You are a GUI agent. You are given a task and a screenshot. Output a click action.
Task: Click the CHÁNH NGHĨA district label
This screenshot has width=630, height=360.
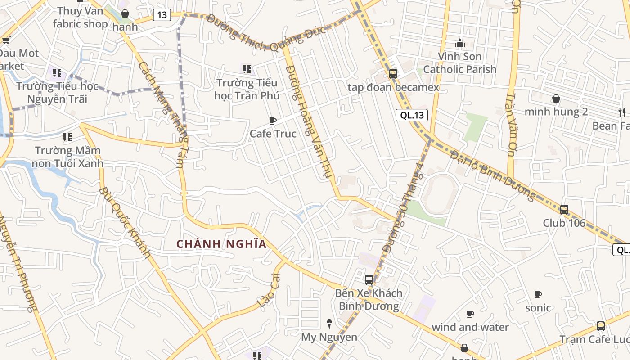(x=221, y=244)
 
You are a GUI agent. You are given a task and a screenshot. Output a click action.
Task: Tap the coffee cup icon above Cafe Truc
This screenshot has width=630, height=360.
(x=272, y=121)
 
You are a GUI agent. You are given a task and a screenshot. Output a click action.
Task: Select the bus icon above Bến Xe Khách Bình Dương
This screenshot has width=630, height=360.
(x=369, y=280)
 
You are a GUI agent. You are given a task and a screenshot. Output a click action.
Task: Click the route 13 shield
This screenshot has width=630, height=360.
(x=162, y=15)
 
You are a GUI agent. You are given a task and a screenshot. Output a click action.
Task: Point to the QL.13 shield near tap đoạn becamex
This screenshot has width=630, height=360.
(x=412, y=115)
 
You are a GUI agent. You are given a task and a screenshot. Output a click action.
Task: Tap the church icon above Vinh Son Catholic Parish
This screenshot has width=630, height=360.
(x=460, y=44)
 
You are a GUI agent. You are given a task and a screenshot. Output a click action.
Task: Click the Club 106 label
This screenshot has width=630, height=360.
(x=564, y=223)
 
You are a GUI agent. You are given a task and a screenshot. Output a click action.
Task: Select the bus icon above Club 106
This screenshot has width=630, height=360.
(x=564, y=210)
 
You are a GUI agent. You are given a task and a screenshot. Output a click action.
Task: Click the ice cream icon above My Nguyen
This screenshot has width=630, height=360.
(x=329, y=323)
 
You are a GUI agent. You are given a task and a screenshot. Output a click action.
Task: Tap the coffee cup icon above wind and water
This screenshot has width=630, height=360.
(x=470, y=314)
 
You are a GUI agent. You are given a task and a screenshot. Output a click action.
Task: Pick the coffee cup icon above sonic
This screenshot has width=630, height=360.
(x=538, y=295)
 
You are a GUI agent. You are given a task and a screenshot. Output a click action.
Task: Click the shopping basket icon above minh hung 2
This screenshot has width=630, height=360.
(x=556, y=99)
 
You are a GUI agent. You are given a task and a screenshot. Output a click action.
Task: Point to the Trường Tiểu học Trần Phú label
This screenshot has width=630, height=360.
(x=247, y=89)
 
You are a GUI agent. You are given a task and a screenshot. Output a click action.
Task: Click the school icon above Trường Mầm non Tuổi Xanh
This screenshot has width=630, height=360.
(x=67, y=137)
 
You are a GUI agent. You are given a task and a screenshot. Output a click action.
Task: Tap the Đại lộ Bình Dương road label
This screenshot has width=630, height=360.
(x=493, y=175)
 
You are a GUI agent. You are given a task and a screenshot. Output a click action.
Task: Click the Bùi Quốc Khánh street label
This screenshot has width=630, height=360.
(x=124, y=222)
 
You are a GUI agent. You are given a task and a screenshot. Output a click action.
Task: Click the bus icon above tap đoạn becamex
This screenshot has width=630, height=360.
(x=393, y=74)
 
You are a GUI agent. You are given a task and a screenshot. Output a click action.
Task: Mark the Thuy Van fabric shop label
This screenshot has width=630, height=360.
(x=80, y=17)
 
